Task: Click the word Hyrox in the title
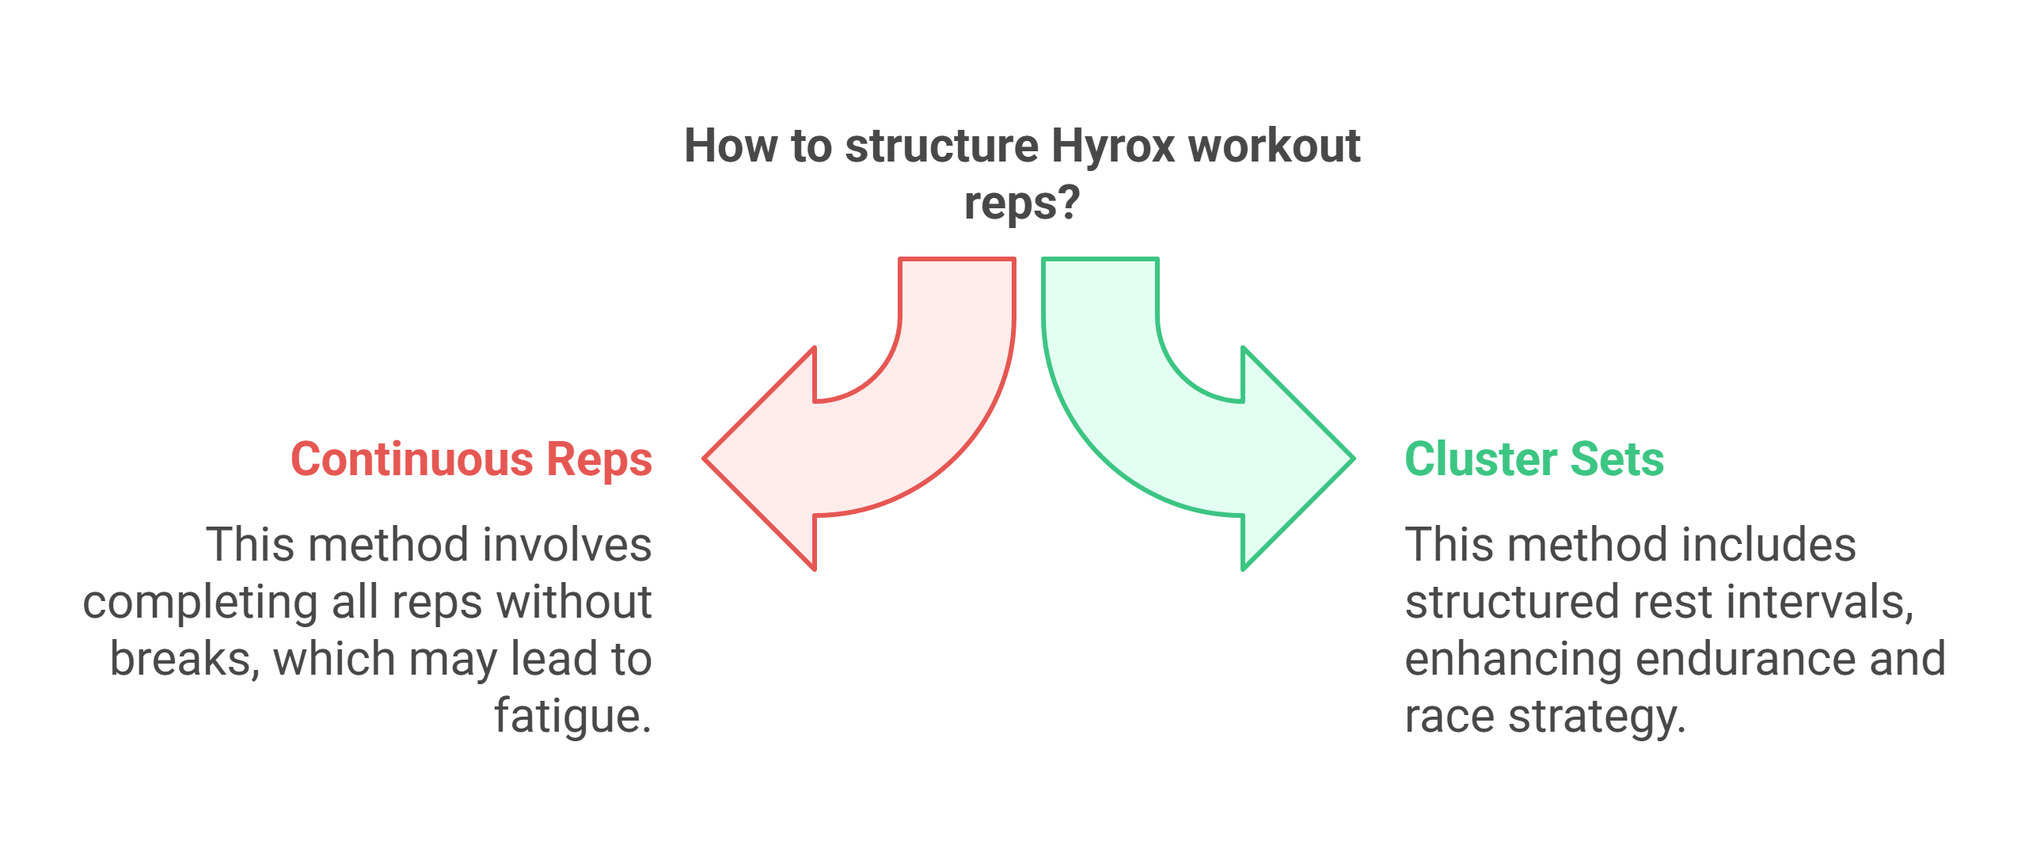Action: pyautogui.click(x=1113, y=147)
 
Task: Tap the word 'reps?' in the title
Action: pyautogui.click(x=1021, y=204)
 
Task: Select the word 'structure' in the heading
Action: pyautogui.click(x=941, y=147)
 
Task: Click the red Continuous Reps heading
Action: pyautogui.click(x=471, y=459)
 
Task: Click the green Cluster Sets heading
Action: pyautogui.click(x=1534, y=459)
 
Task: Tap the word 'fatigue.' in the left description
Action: pyautogui.click(x=572, y=716)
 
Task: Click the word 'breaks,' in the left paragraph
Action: pyautogui.click(x=184, y=659)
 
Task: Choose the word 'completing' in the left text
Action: pyautogui.click(x=200, y=603)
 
